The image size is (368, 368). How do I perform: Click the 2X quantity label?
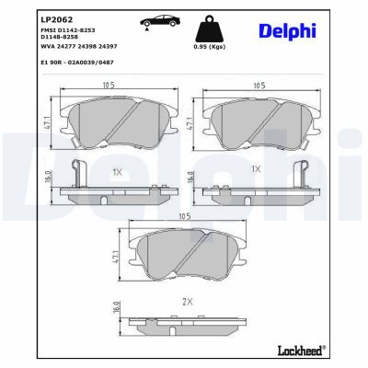pyautogui.click(x=187, y=301)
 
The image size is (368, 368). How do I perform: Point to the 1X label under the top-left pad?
pyautogui.click(x=117, y=171)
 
